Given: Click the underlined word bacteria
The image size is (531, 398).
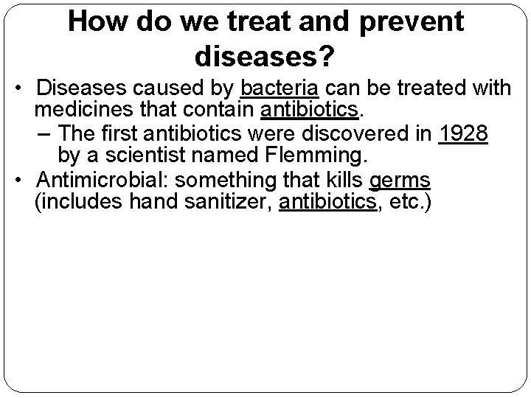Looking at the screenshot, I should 279,88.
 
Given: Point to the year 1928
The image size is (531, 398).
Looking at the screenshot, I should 463,134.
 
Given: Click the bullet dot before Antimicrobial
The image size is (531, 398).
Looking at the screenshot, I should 24,179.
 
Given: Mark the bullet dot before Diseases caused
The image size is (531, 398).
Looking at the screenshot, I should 24,88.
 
